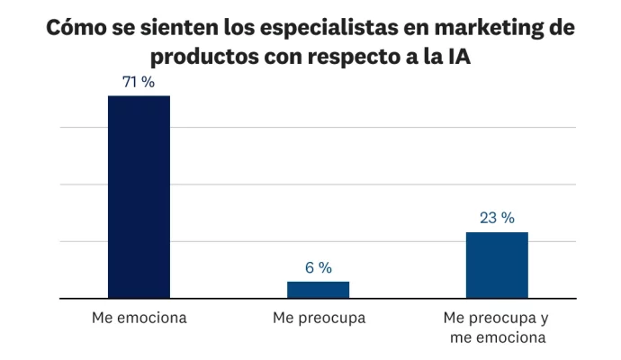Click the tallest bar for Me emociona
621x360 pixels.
point(139,196)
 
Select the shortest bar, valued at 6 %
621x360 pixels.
point(318,289)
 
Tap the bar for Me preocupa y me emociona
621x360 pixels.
point(497,265)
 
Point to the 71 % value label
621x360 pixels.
point(139,82)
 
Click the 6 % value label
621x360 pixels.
point(318,267)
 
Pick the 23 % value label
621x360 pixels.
point(497,218)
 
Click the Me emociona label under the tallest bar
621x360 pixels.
point(139,319)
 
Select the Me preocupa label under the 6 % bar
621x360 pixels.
point(319,319)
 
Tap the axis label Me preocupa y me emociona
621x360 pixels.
point(497,328)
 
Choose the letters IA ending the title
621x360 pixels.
point(456,58)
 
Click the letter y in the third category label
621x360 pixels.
point(544,319)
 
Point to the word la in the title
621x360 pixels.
point(426,58)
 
